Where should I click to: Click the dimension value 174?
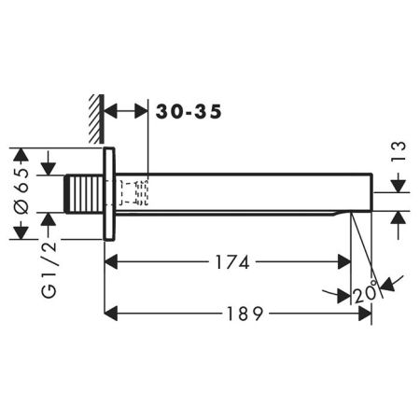pyautogui.click(x=229, y=262)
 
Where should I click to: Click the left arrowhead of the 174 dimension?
pyautogui.click(x=110, y=262)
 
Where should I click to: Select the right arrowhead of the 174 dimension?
pyautogui.click(x=345, y=262)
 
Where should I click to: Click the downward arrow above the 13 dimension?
pyautogui.click(x=398, y=184)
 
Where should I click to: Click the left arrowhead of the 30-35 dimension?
pyautogui.click(x=109, y=110)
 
